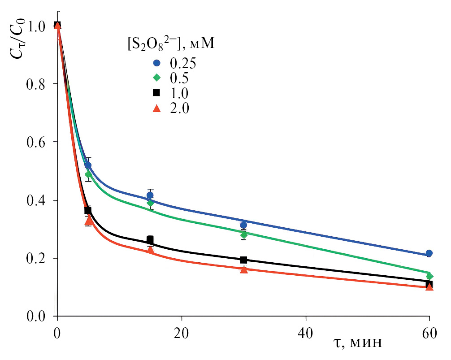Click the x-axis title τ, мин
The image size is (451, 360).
click(x=358, y=343)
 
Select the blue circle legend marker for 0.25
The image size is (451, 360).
click(x=156, y=63)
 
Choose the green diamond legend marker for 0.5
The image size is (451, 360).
click(x=156, y=78)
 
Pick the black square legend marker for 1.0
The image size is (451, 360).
click(x=156, y=93)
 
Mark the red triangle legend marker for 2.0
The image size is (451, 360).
click(x=156, y=108)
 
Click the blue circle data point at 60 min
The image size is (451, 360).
click(x=429, y=253)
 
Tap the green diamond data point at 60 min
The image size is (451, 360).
click(x=429, y=276)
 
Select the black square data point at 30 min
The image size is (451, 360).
click(x=243, y=260)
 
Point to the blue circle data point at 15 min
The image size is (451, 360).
click(x=150, y=195)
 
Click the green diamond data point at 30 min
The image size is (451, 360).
click(x=243, y=234)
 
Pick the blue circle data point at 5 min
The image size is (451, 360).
click(x=88, y=165)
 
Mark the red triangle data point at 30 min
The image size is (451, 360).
click(x=243, y=269)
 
